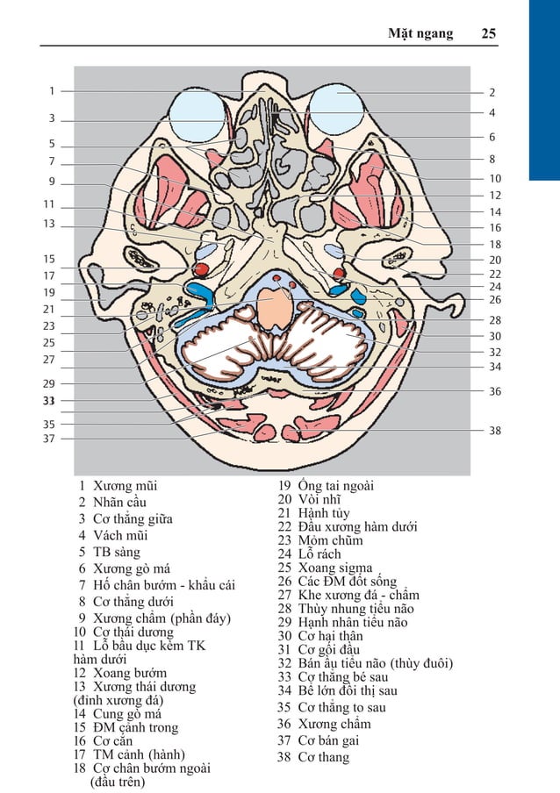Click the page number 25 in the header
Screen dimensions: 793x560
(x=488, y=33)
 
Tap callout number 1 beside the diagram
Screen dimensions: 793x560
(x=51, y=90)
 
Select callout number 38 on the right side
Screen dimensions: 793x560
(x=495, y=431)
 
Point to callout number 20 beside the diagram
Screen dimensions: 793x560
(x=495, y=260)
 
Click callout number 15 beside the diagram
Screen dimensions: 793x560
(x=50, y=259)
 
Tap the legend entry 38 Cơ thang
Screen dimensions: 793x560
(x=313, y=757)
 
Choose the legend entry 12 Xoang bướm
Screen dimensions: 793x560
(x=120, y=673)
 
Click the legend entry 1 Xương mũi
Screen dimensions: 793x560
(x=118, y=484)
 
